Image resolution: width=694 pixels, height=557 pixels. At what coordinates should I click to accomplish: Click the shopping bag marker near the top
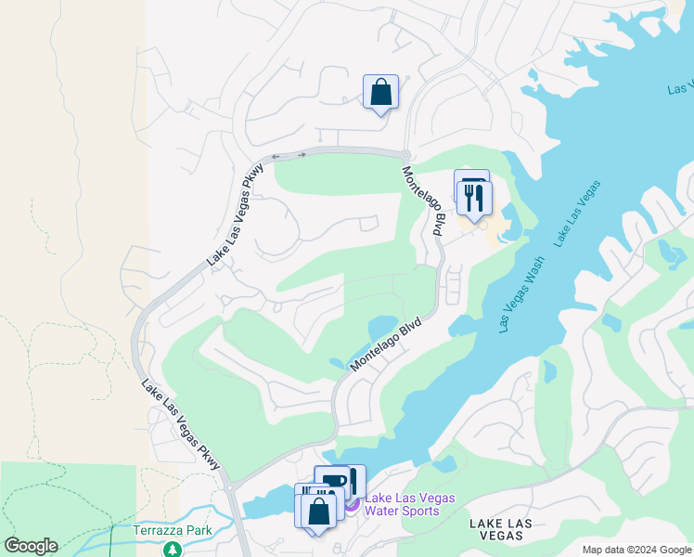[x=380, y=93]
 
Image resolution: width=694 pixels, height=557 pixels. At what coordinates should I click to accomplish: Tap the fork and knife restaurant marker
[x=474, y=196]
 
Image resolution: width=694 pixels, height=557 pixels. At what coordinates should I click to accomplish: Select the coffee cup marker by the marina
[x=337, y=481]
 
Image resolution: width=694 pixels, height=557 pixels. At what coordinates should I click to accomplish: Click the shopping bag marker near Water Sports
[x=318, y=512]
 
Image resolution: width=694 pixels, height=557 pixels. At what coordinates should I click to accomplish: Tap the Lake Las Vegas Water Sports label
[x=409, y=504]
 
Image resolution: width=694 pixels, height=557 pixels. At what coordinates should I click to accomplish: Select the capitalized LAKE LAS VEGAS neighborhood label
[x=501, y=530]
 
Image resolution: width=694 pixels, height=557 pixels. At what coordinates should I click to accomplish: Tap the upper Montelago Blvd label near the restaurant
[x=423, y=200]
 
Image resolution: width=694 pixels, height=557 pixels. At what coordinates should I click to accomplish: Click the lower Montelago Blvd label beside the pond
[x=386, y=345]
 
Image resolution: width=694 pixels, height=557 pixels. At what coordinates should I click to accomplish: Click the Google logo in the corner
[x=31, y=546]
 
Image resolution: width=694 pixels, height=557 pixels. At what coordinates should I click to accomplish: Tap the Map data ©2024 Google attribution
[x=636, y=550]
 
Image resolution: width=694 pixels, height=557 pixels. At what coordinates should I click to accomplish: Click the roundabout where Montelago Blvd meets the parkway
[x=405, y=154]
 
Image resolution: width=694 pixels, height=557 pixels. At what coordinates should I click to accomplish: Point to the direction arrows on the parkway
[x=289, y=155]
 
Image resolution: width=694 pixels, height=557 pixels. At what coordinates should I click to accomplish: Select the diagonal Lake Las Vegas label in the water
[x=577, y=214]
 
